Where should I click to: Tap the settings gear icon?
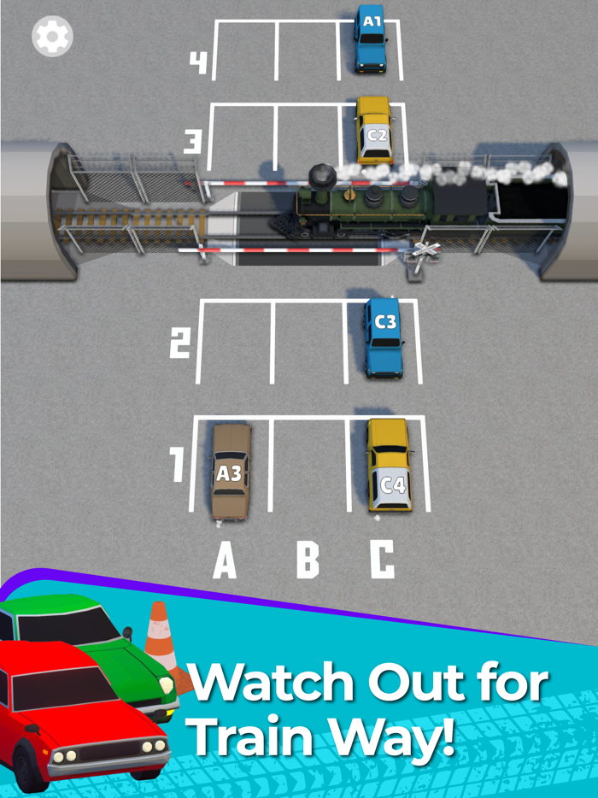pos(52,36)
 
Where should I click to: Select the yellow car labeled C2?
pos(375,131)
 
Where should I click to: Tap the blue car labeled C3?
pos(384,337)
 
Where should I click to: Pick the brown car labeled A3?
pos(231,471)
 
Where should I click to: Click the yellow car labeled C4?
pos(390,466)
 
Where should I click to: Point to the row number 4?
pos(198,62)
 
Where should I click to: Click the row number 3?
pos(193,141)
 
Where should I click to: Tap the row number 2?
pos(180,344)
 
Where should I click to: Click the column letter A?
pos(224,561)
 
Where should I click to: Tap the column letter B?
pos(308,560)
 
